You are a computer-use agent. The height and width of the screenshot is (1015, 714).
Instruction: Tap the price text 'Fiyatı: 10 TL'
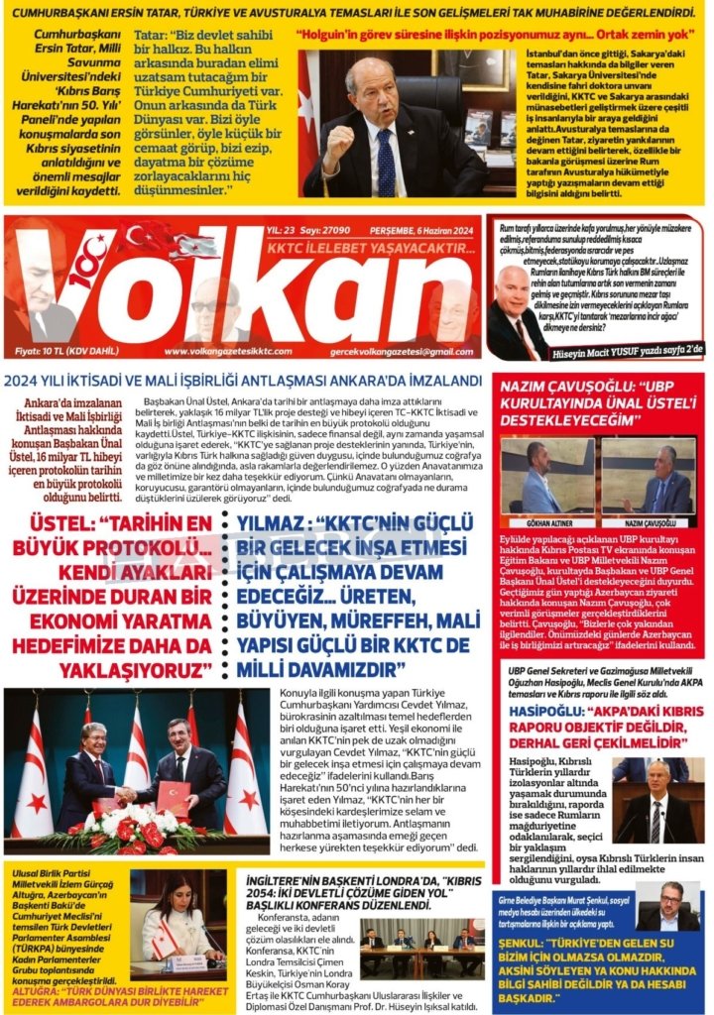[51, 351]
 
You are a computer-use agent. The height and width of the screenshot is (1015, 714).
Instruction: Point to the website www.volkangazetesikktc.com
[228, 351]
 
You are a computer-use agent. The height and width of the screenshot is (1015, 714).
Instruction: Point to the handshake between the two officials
[127, 793]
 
